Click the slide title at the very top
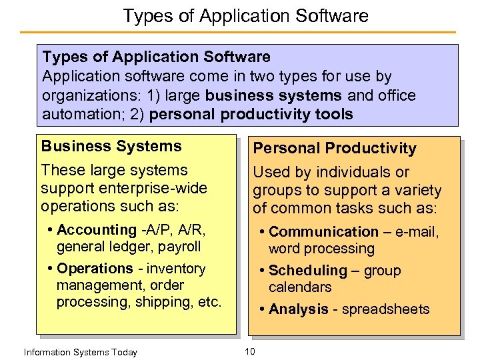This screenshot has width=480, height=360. tap(245, 15)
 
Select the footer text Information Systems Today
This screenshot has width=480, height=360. tap(80, 352)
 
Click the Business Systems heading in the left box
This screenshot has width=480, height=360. tap(111, 146)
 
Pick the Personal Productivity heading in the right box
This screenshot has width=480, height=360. tap(334, 148)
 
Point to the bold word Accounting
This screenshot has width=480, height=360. tap(97, 230)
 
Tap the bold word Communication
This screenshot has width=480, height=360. tap(323, 232)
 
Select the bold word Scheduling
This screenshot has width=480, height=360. tap(307, 271)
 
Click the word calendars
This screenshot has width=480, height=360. tap(300, 287)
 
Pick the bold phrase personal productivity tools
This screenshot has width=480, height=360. tap(251, 114)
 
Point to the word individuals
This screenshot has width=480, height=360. tap(347, 173)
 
